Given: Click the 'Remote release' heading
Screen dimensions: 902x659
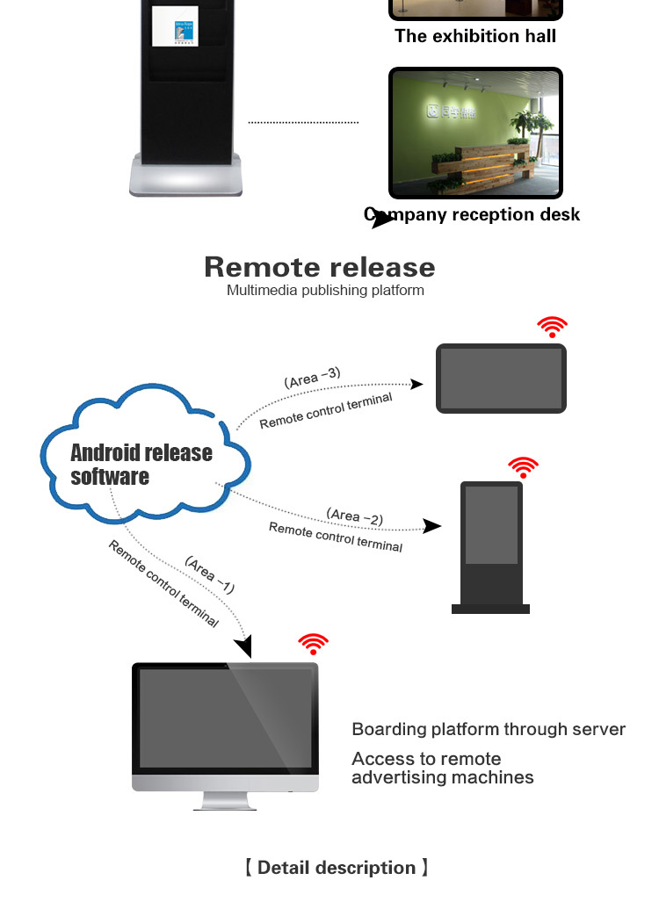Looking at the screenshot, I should click(x=319, y=267).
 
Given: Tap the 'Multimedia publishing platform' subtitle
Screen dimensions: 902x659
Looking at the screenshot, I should click(x=325, y=290).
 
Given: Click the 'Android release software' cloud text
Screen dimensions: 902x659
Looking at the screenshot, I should click(x=141, y=465).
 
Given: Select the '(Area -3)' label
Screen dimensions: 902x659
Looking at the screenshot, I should click(x=312, y=379).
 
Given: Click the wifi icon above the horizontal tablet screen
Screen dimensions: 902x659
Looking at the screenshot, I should click(x=552, y=328).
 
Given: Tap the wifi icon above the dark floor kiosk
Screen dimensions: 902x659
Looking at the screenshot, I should click(x=523, y=467).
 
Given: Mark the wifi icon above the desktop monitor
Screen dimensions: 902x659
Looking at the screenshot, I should click(x=313, y=645).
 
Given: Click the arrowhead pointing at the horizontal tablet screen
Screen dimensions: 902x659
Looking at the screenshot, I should click(x=417, y=384).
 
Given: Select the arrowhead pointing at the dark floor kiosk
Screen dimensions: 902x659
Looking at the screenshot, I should click(x=432, y=526).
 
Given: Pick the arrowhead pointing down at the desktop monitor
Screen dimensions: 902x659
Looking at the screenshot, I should click(x=243, y=647).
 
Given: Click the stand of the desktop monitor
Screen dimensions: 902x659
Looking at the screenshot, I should click(x=226, y=800).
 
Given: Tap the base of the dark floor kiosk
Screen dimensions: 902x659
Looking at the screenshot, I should click(x=490, y=608).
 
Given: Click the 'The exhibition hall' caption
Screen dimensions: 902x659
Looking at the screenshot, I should click(x=475, y=36).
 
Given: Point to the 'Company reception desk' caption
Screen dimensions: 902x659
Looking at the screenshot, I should click(x=473, y=214).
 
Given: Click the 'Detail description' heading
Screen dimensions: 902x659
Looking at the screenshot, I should click(x=337, y=868).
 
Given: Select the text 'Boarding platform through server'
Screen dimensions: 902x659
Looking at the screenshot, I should click(x=489, y=729).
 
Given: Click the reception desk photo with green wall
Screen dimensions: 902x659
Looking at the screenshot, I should click(x=475, y=133).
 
